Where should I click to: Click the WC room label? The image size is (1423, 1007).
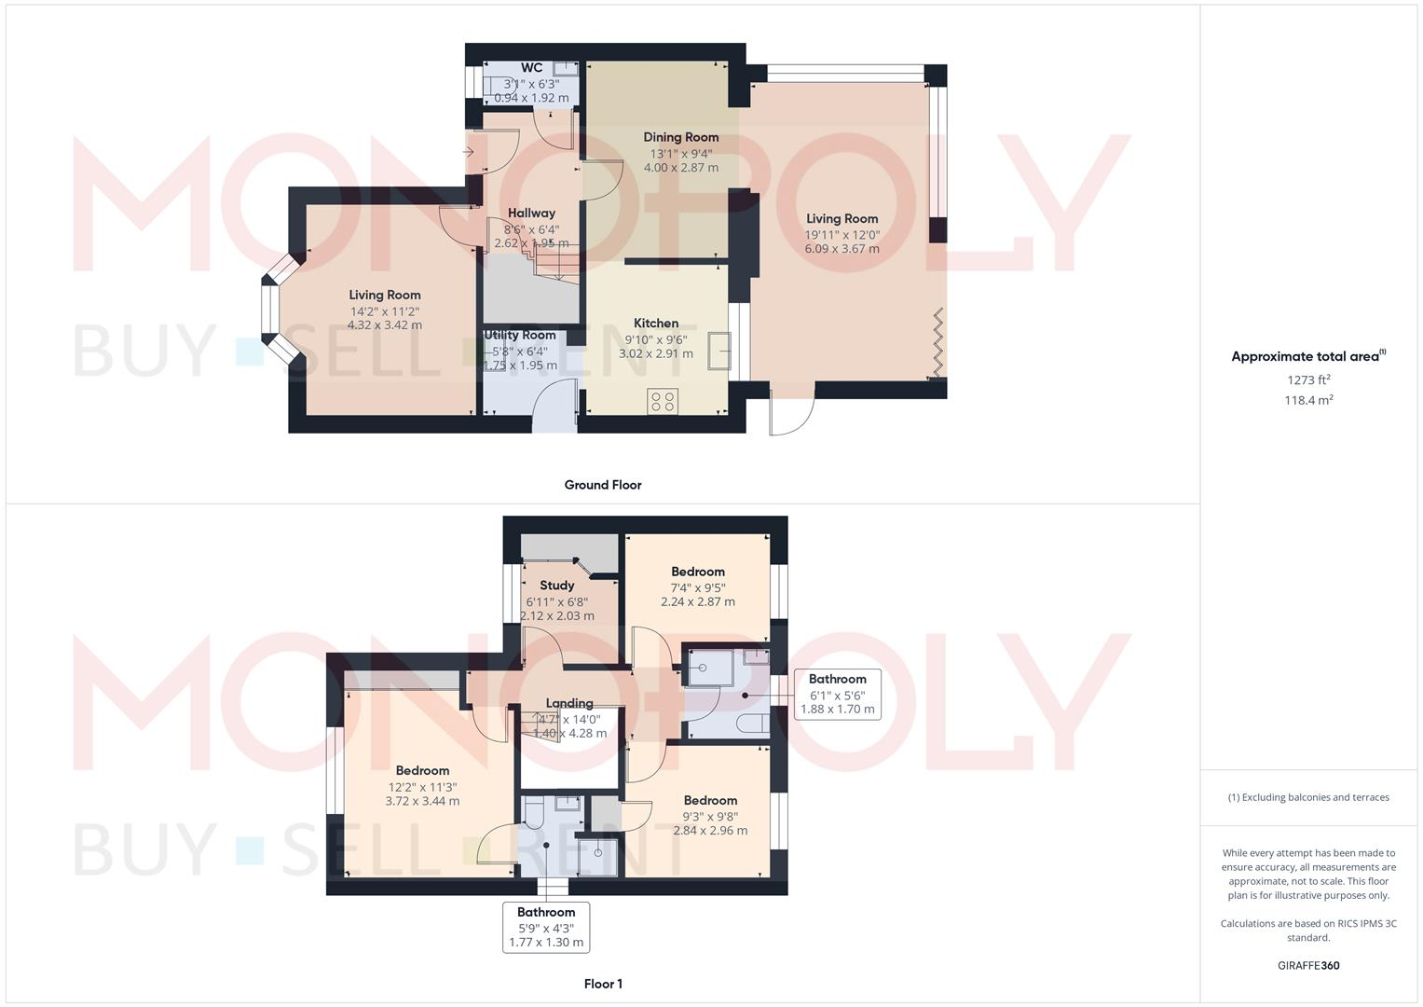coord(531,68)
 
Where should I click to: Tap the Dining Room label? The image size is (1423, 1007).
coord(681,137)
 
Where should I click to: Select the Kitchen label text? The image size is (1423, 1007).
coord(656,324)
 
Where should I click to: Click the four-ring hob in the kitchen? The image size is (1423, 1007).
coord(664,402)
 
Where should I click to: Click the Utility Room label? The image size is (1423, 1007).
coord(519,336)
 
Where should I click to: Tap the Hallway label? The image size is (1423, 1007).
coord(531,214)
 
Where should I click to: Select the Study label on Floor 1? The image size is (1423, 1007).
coord(556,586)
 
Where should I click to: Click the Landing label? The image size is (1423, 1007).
coord(569,704)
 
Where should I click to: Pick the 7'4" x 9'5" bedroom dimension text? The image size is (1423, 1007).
coord(698,588)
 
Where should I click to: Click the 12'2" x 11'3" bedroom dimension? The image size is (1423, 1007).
coord(422,786)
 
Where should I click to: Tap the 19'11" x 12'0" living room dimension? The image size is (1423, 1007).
coord(842,234)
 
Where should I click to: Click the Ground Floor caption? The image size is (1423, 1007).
coord(603,485)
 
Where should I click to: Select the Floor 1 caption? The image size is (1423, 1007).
coord(603,984)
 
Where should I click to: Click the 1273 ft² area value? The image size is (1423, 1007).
coord(1308,380)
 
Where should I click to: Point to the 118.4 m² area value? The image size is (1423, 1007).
coord(1308,400)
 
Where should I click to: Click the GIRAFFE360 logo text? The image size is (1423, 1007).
coord(1308,966)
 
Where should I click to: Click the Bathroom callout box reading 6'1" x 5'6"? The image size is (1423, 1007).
coord(837,694)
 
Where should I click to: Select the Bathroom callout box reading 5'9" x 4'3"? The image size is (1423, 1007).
coord(546,927)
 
